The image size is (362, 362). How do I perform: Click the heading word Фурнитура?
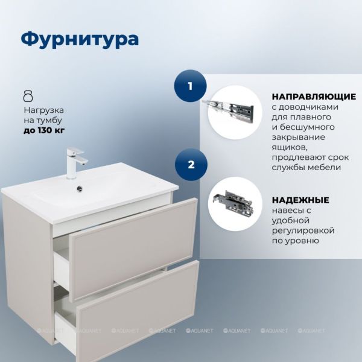click(x=80, y=39)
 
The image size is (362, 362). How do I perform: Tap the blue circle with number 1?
click(x=190, y=86)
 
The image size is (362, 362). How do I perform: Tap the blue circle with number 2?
click(x=191, y=165)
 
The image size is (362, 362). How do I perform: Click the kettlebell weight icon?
click(x=28, y=96)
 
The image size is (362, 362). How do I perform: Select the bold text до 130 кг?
click(x=44, y=131)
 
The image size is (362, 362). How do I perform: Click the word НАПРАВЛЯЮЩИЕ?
click(x=314, y=97)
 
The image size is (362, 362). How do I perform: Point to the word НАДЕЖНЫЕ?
click(x=300, y=200)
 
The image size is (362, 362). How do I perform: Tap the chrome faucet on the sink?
click(x=75, y=164)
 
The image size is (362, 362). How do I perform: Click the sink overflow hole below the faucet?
click(x=80, y=188)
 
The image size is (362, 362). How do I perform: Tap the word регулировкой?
click(x=303, y=230)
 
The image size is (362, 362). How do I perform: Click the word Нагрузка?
click(x=44, y=110)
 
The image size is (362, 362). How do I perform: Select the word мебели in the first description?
click(x=324, y=167)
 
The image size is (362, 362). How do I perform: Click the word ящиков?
click(x=289, y=148)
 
